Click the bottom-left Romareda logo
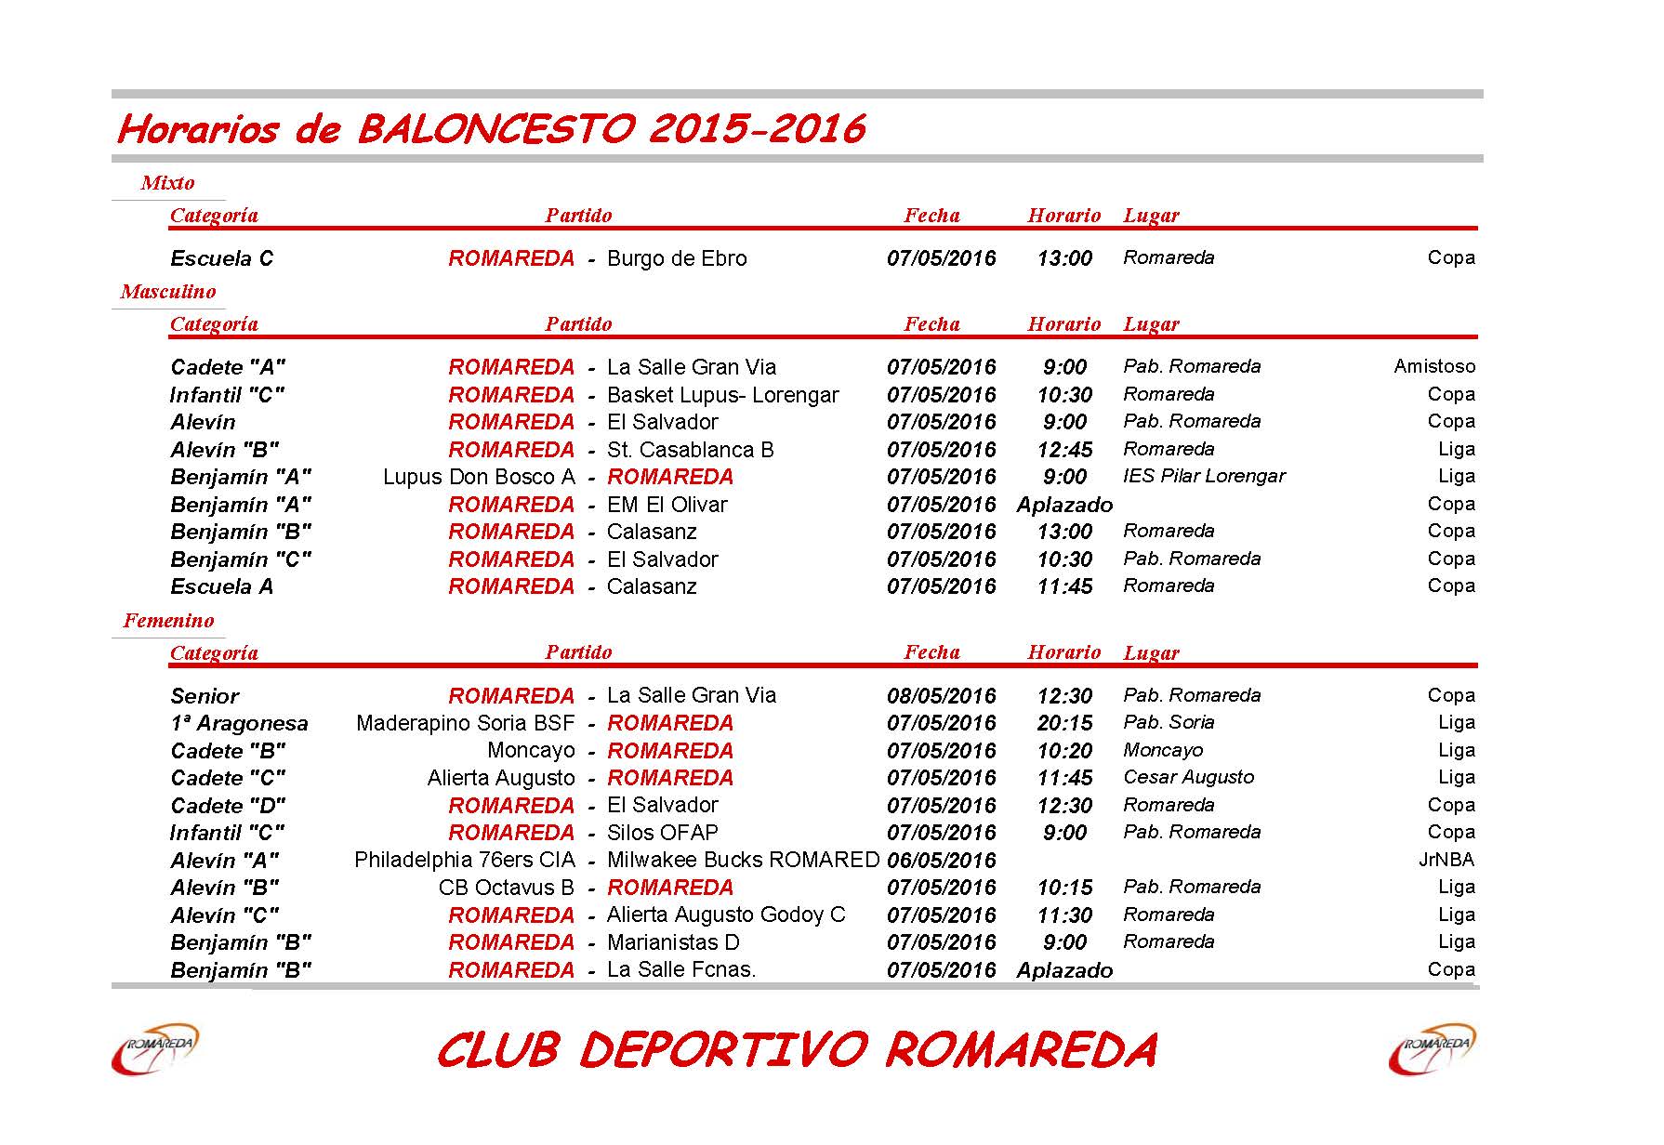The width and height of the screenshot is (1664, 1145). click(x=154, y=1048)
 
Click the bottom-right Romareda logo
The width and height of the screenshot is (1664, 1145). click(x=1432, y=1048)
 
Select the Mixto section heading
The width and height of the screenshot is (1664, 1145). click(x=167, y=183)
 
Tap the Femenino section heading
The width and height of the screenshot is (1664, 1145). click(x=168, y=621)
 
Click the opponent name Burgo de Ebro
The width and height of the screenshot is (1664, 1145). click(x=677, y=258)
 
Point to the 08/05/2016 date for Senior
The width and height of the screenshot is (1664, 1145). click(x=941, y=696)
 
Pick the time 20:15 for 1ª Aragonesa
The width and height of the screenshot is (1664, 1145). click(x=1064, y=723)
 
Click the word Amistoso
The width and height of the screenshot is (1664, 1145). click(x=1433, y=366)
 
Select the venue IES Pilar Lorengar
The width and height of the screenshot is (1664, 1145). click(x=1204, y=476)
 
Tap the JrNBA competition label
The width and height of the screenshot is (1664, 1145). click(x=1446, y=860)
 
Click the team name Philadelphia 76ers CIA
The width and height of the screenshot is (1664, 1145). click(x=465, y=860)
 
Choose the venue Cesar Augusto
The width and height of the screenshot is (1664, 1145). click(x=1188, y=777)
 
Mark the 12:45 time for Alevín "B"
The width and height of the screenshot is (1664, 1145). click(x=1064, y=450)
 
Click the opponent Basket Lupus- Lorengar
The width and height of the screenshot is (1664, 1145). click(x=722, y=395)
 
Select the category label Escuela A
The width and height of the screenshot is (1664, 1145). click(x=221, y=586)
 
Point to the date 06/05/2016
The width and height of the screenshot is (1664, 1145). click(x=941, y=861)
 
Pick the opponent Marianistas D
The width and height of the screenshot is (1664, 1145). click(x=673, y=942)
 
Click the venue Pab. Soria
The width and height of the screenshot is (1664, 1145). click(x=1169, y=722)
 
